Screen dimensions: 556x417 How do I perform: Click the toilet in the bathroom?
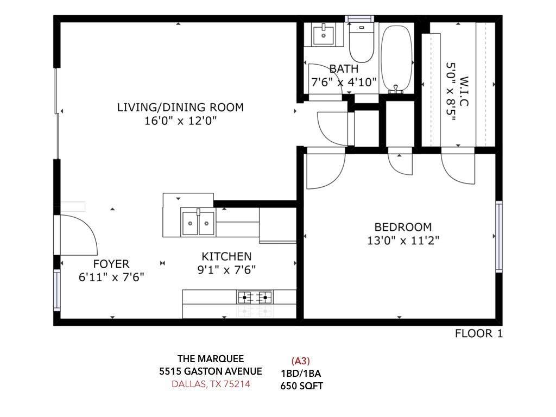[361, 42]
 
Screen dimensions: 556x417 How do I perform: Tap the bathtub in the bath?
[396, 59]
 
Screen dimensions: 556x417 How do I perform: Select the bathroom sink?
[324, 34]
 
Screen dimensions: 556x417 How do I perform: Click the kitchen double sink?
[198, 222]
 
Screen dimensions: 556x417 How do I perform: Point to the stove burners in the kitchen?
[255, 297]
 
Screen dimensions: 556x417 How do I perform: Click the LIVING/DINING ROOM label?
[180, 107]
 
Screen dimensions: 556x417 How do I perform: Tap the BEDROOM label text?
[403, 227]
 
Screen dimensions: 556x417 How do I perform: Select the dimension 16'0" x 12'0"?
[180, 121]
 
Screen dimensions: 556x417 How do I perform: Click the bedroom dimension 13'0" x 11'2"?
[403, 241]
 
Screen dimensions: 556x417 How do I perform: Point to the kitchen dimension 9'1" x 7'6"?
[226, 270]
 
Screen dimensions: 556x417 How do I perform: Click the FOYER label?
[111, 264]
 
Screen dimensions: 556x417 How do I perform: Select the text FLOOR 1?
[479, 334]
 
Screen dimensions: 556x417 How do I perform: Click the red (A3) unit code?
[301, 361]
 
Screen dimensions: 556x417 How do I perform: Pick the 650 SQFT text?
[302, 386]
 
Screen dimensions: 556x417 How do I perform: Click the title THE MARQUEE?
[211, 359]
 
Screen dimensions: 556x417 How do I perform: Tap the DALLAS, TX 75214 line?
[211, 384]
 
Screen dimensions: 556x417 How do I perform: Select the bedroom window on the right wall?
[499, 237]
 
